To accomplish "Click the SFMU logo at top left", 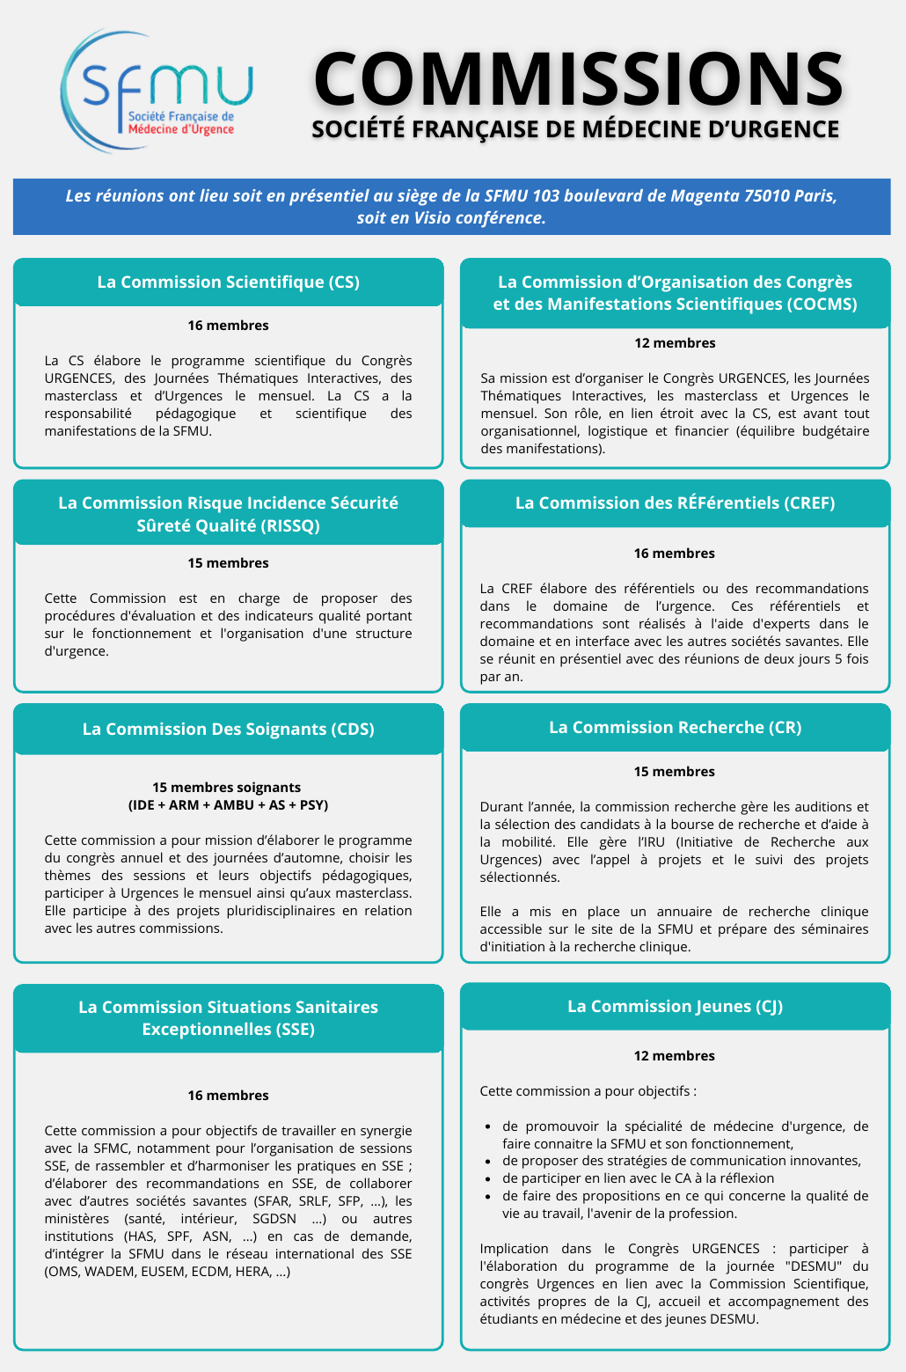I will pos(157,88).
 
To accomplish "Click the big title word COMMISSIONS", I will pos(578,78).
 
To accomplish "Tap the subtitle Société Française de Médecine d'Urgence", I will pos(575,129).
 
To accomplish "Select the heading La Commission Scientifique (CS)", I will pos(228,282).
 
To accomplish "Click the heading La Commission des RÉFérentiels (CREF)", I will pos(675,503).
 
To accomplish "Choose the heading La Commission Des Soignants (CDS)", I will pos(228,729).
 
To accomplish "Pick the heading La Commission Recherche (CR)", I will pos(675,727).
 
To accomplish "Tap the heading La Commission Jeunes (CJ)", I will pos(675,1006).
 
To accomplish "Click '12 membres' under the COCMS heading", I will pos(675,343).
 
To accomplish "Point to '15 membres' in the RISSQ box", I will pos(228,563).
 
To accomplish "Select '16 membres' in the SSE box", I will pos(228,1096).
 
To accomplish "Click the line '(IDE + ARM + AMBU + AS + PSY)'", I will pos(228,805).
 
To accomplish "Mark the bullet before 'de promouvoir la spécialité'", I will pos(488,1126).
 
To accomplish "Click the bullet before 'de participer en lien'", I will pos(488,1179).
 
